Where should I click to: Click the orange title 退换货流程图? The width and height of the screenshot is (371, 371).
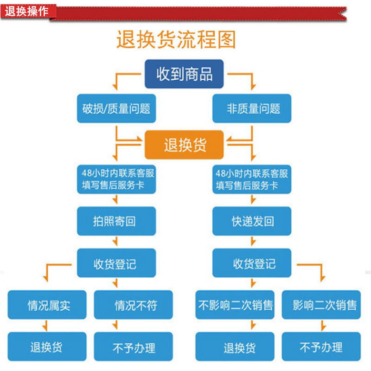(176, 40)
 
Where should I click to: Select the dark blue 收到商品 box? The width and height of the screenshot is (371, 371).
(184, 74)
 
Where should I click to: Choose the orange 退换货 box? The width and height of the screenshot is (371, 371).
(185, 145)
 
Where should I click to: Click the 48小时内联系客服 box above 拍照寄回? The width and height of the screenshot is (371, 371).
(116, 180)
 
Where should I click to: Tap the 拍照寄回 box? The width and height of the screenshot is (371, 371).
(116, 221)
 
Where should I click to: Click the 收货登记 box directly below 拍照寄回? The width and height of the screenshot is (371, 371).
(116, 263)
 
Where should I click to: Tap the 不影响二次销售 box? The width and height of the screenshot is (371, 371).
(236, 305)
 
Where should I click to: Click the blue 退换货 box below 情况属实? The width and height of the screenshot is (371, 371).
(46, 346)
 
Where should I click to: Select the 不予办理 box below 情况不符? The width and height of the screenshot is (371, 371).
(134, 346)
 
